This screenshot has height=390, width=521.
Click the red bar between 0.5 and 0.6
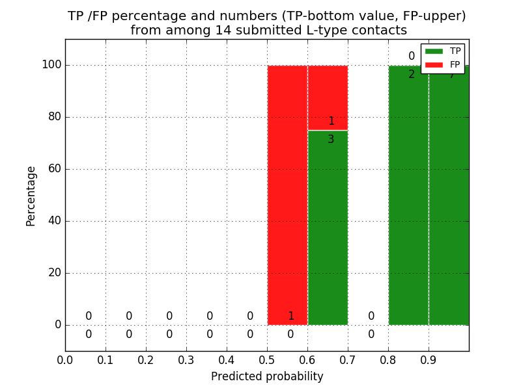pyautogui.click(x=287, y=195)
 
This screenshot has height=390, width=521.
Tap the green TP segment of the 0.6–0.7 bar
pyautogui.click(x=328, y=227)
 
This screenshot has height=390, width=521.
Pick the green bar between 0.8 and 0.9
pyautogui.click(x=408, y=195)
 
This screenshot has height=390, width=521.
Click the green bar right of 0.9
pyautogui.click(x=449, y=195)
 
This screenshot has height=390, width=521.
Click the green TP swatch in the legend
pyautogui.click(x=434, y=51)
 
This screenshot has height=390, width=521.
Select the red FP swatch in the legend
pyautogui.click(x=434, y=65)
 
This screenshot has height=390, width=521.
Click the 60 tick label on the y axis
pyautogui.click(x=54, y=169)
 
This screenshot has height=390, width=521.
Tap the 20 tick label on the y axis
pyautogui.click(x=54, y=273)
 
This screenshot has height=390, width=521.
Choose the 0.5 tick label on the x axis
pyautogui.click(x=267, y=359)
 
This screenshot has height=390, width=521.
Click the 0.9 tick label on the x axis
pyautogui.click(x=429, y=359)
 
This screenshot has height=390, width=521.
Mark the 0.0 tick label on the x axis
pyautogui.click(x=65, y=359)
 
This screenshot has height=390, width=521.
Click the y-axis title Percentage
pyautogui.click(x=31, y=196)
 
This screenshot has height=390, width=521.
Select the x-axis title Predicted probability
pyautogui.click(x=267, y=376)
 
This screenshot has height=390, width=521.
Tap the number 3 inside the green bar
pyautogui.click(x=331, y=139)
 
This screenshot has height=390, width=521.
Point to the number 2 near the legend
pyautogui.click(x=412, y=75)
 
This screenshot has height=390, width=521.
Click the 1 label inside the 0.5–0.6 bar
pyautogui.click(x=290, y=317)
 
